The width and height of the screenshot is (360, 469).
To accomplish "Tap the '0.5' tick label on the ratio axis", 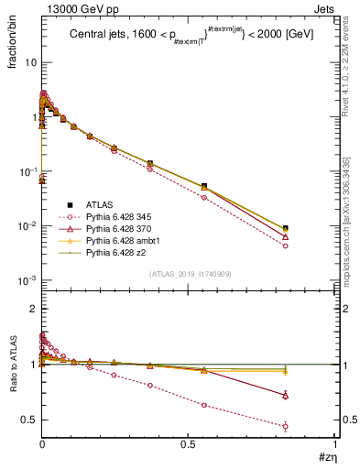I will [x=29, y=420].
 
